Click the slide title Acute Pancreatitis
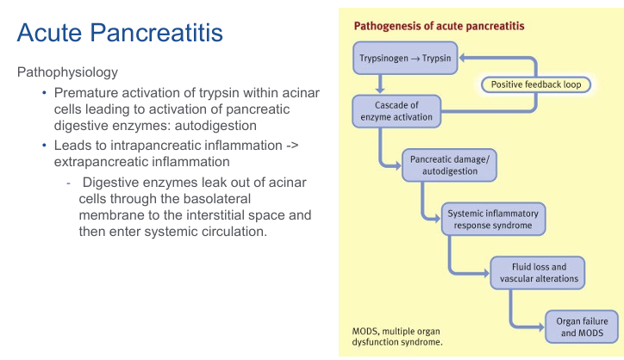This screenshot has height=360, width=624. pos(120,33)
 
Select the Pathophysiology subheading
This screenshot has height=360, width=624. pos(68,71)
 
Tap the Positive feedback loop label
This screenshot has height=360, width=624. pos(535,84)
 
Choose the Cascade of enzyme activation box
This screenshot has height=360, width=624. pos(396,111)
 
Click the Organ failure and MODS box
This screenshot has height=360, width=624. pos(581,326)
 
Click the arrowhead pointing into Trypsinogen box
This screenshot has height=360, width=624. pos(463,59)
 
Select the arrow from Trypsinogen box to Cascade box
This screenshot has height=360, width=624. pos(380,84)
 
